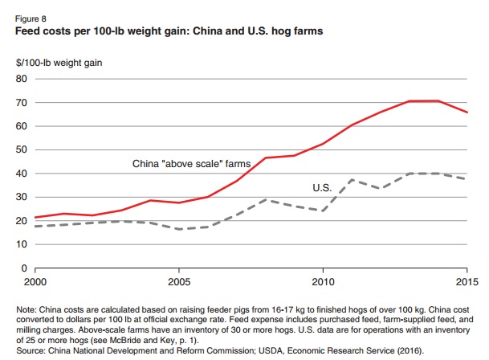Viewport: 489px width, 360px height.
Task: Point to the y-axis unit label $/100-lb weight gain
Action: coord(61,62)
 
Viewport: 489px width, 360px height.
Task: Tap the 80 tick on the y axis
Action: coord(22,80)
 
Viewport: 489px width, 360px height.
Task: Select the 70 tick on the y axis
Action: coord(22,103)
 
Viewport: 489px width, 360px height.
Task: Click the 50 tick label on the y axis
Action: coord(22,150)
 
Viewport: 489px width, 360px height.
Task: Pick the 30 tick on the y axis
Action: coord(22,197)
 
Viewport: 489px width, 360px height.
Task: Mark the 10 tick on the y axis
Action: coord(22,244)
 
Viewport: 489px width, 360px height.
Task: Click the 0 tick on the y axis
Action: coord(25,268)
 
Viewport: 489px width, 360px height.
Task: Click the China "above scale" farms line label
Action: coord(191,163)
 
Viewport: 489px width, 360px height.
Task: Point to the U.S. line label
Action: coord(323,187)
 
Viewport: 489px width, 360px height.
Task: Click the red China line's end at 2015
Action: coord(466,112)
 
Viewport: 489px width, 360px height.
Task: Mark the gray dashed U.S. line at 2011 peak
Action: coord(352,180)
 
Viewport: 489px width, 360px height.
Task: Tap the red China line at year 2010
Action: coord(323,144)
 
